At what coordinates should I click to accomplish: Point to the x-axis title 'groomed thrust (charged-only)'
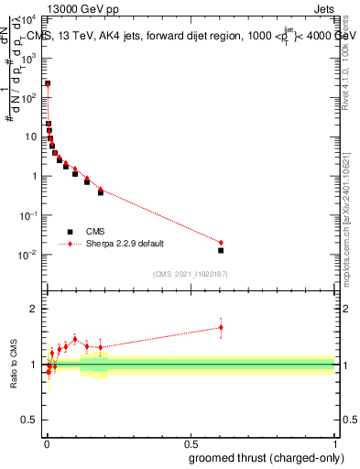265,458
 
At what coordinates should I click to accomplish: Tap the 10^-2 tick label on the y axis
30,255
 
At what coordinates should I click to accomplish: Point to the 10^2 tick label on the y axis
30,97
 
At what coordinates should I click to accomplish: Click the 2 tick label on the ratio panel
34,309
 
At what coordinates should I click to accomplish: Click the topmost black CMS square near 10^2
48,83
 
